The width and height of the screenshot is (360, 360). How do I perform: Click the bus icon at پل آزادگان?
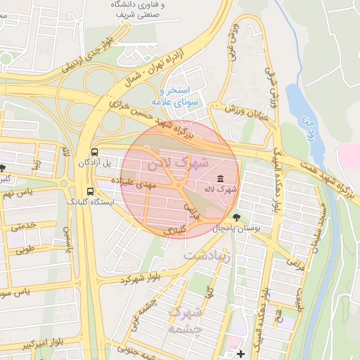click(x=95, y=152)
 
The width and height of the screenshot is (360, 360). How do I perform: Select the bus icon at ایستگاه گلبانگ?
click(x=90, y=191)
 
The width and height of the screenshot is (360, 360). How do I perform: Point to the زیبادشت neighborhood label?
click(x=208, y=257)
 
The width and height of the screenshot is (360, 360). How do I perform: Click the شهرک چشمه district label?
click(x=186, y=320)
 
